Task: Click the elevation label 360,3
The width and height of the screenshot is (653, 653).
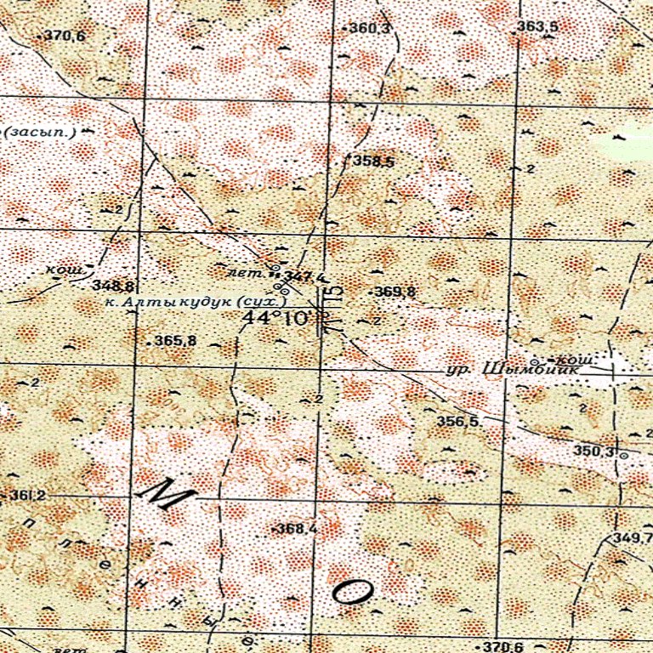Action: [371, 29]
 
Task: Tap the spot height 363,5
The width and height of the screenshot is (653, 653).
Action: [537, 27]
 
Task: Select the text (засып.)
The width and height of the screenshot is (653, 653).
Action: [41, 132]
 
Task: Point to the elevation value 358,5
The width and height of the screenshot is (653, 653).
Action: [373, 161]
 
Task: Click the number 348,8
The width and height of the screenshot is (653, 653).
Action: [113, 285]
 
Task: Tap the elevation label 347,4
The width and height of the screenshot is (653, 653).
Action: [304, 276]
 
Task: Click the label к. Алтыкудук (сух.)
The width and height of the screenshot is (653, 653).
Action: [195, 301]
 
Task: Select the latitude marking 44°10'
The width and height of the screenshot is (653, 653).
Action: [275, 318]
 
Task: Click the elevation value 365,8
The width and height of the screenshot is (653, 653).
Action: [175, 341]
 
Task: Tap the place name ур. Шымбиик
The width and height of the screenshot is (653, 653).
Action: [517, 370]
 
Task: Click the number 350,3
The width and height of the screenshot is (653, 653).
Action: [593, 451]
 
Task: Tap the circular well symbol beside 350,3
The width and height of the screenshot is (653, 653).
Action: [623, 456]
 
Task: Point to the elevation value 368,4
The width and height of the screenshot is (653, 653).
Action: [297, 529]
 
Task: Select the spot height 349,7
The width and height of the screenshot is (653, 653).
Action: [633, 539]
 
